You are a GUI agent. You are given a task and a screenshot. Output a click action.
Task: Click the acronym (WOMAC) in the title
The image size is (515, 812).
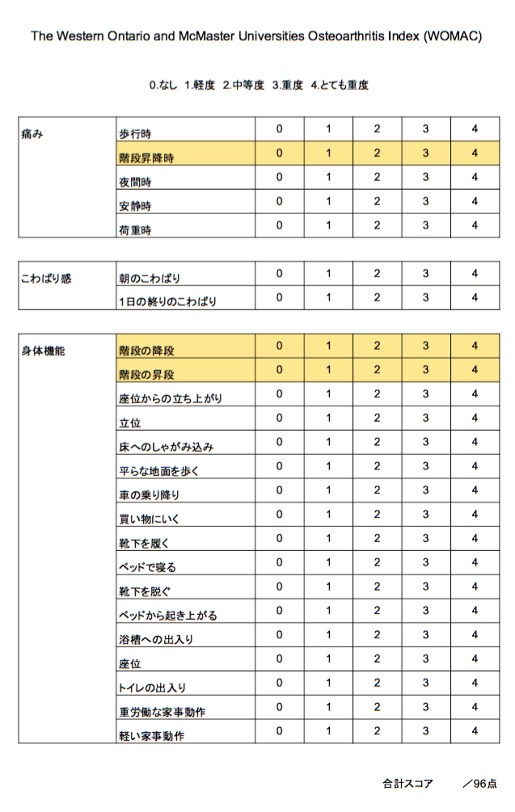coord(452,37)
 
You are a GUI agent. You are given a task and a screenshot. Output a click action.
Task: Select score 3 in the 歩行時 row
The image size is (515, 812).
coord(425,129)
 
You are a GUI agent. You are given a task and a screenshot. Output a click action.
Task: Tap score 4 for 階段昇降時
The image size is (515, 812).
coord(475,153)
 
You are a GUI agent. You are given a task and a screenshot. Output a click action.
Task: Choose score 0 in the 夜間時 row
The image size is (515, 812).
coord(279,177)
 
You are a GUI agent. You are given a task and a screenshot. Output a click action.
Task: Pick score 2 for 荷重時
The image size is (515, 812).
coord(377,225)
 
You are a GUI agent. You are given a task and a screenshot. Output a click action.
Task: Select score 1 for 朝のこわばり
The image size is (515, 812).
coord(328,274)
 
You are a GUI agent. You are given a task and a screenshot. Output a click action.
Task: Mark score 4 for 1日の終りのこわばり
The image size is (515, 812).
coord(475,297)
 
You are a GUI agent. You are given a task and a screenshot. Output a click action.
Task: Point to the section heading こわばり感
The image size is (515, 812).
coord(46,279)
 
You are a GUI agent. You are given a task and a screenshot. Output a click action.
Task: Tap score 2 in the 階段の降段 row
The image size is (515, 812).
coord(377,346)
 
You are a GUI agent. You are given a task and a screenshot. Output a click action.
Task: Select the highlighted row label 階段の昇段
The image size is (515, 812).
coord(146,375)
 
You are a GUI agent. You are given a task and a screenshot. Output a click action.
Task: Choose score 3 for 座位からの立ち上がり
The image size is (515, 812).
coord(425,394)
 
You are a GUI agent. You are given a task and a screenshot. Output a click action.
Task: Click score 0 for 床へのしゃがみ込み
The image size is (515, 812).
coord(279,442)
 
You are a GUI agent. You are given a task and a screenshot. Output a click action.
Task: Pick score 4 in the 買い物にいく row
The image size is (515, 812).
coord(475,514)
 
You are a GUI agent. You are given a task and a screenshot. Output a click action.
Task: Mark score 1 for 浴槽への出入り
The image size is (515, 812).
coord(328,634)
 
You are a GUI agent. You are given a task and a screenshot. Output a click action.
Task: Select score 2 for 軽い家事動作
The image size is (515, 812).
coord(377,730)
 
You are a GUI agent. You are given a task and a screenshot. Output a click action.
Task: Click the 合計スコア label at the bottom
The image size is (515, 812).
coord(407,784)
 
